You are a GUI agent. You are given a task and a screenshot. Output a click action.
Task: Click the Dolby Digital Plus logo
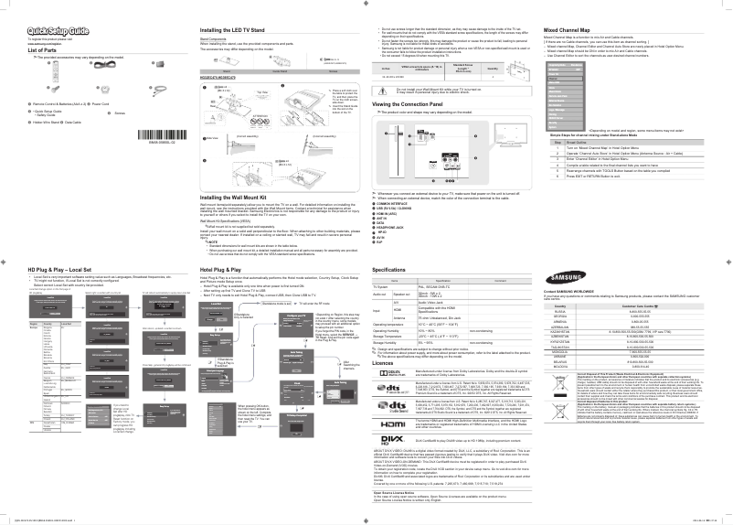tap(393, 375)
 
